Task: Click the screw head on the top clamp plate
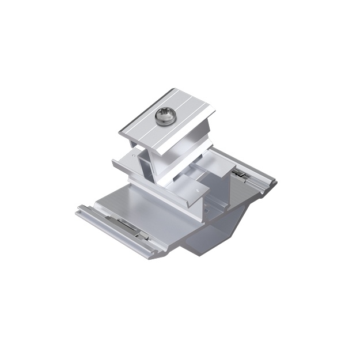164,118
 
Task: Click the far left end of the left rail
78,211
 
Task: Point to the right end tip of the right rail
275,184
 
